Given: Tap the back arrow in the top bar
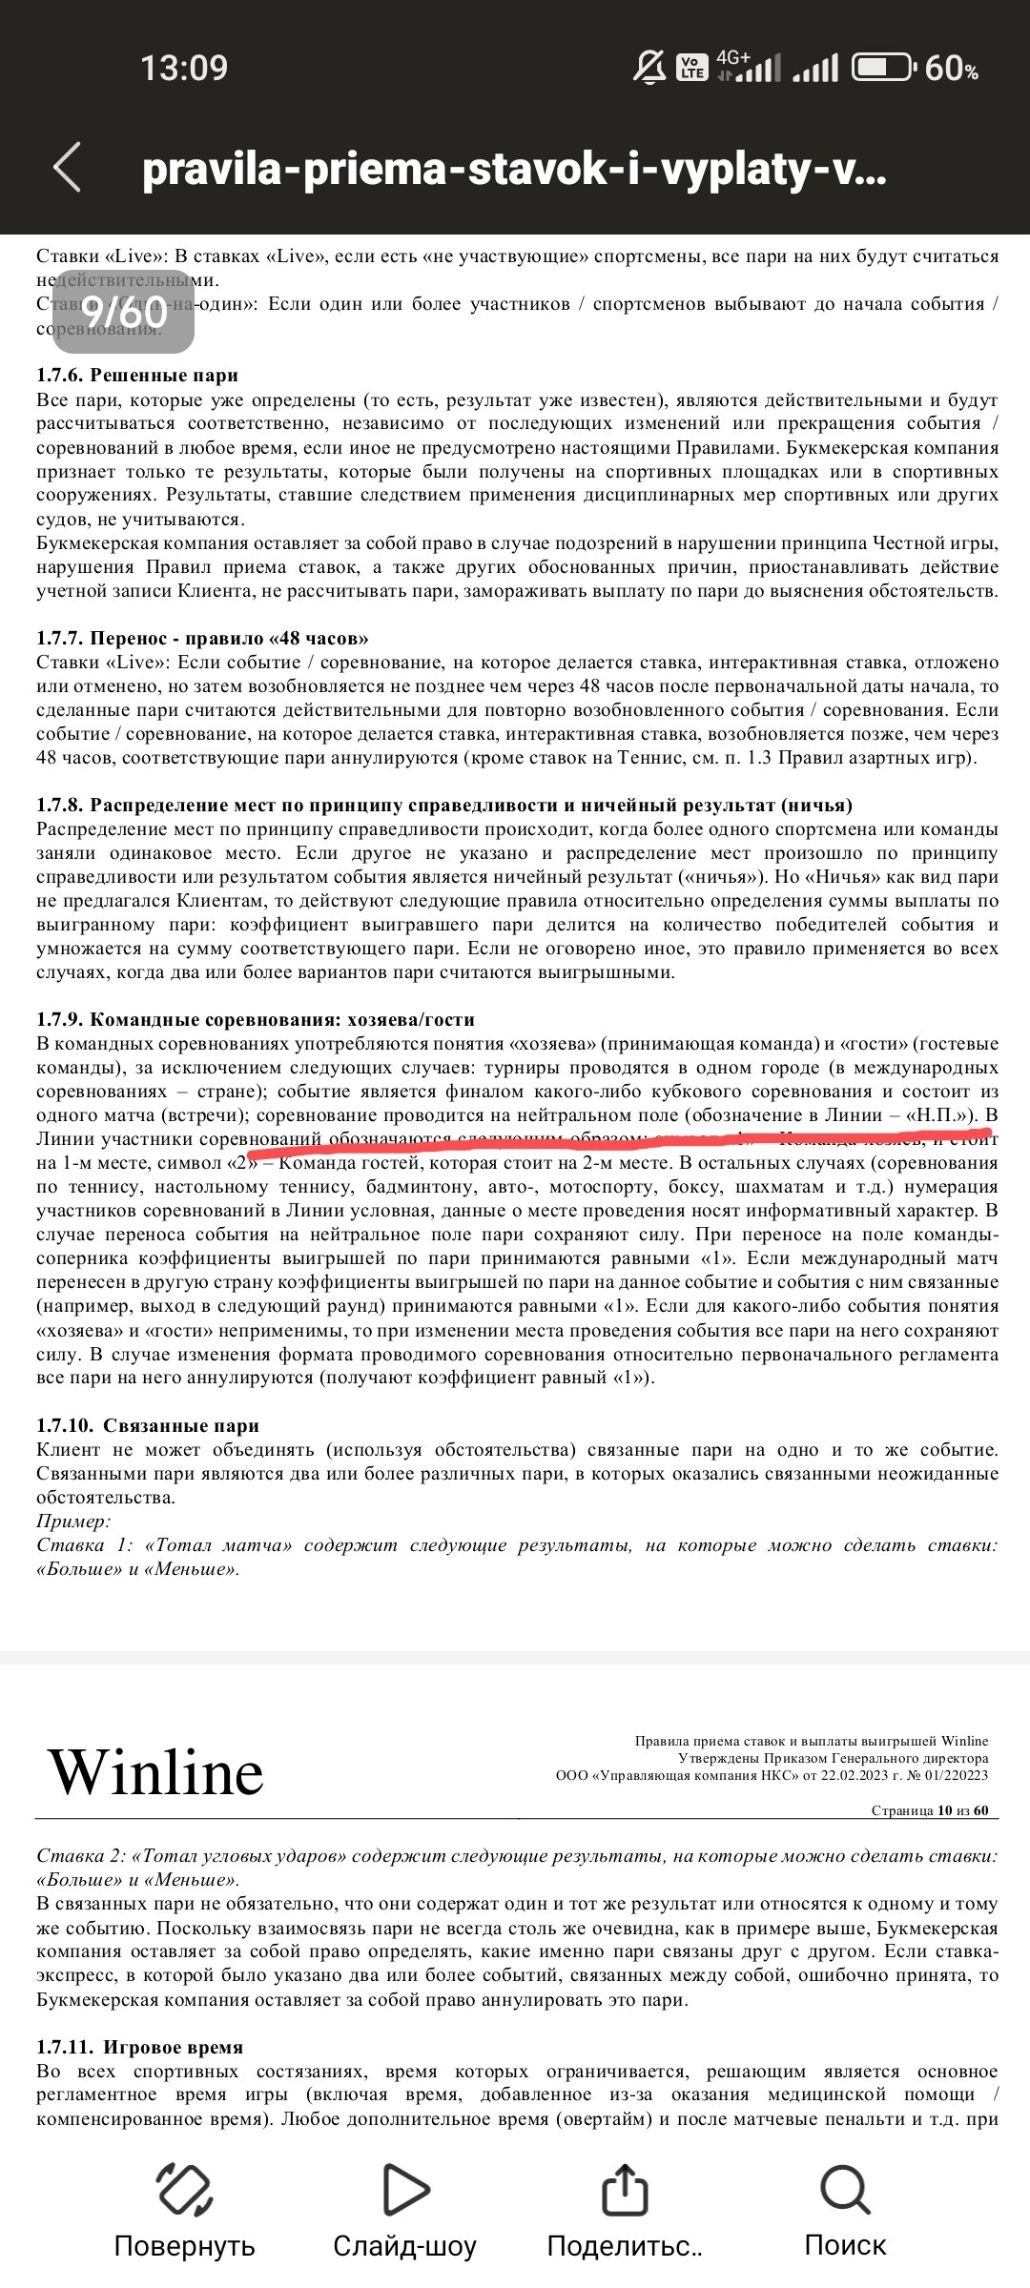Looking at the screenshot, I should pos(67,168).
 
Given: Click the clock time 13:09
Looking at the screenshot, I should pos(184,69).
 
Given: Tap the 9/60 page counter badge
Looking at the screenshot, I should pos(124,312).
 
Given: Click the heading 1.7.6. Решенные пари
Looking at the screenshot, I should pos(137,376).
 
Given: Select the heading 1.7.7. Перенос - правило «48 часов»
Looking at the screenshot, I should pos(202,638).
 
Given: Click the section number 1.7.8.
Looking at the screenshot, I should pos(60,805).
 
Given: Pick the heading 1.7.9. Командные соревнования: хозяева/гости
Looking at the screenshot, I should pos(255,1019).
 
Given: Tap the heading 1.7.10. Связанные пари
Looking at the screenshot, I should pos(148,1425).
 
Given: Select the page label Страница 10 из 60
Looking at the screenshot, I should pos(929,1810).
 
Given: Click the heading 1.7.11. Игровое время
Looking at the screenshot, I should pos(139,2047).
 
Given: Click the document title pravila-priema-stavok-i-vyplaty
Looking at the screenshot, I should pos(514,170).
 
